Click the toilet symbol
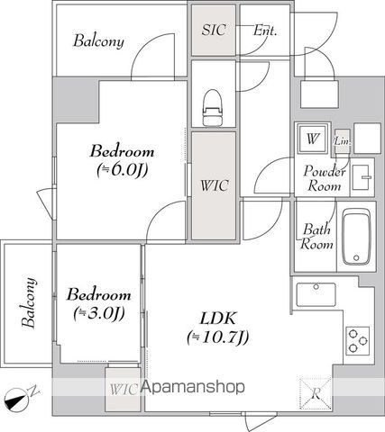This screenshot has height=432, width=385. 214,107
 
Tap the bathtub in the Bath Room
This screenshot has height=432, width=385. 356,237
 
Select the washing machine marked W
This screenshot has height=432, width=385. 312,139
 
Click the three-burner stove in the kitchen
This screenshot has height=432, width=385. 358,341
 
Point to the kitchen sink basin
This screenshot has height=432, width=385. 316,294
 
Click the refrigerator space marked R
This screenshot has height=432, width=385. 316,393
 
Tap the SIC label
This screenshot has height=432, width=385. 214,30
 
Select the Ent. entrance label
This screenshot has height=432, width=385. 264,31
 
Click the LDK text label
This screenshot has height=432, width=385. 218,319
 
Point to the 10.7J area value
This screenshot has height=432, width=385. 217,337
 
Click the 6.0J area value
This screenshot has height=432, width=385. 123,171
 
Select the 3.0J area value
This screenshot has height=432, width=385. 99,313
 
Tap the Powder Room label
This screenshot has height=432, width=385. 325,178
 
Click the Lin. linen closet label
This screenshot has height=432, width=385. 343,140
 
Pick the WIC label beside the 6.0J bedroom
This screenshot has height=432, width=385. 215,185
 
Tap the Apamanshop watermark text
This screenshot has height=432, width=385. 193,387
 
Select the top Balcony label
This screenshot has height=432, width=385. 98,41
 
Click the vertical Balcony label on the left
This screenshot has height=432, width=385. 29,302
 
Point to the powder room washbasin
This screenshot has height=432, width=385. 362,177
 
